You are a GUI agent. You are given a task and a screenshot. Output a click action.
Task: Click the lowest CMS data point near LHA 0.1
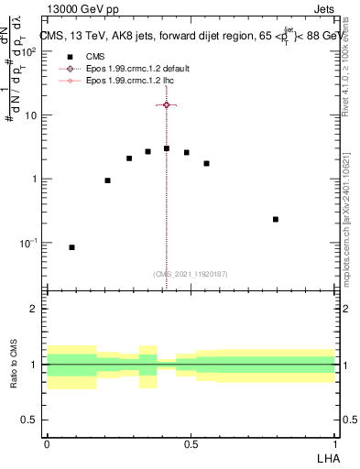72,247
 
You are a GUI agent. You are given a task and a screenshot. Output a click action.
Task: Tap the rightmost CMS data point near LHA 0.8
276,219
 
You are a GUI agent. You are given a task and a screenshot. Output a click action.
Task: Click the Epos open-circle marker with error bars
166,105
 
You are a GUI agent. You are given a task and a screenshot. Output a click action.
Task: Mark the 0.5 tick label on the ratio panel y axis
32,420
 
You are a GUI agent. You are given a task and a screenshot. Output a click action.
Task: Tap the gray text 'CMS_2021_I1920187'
191,274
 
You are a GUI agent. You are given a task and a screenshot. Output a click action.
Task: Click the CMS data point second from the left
107,180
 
